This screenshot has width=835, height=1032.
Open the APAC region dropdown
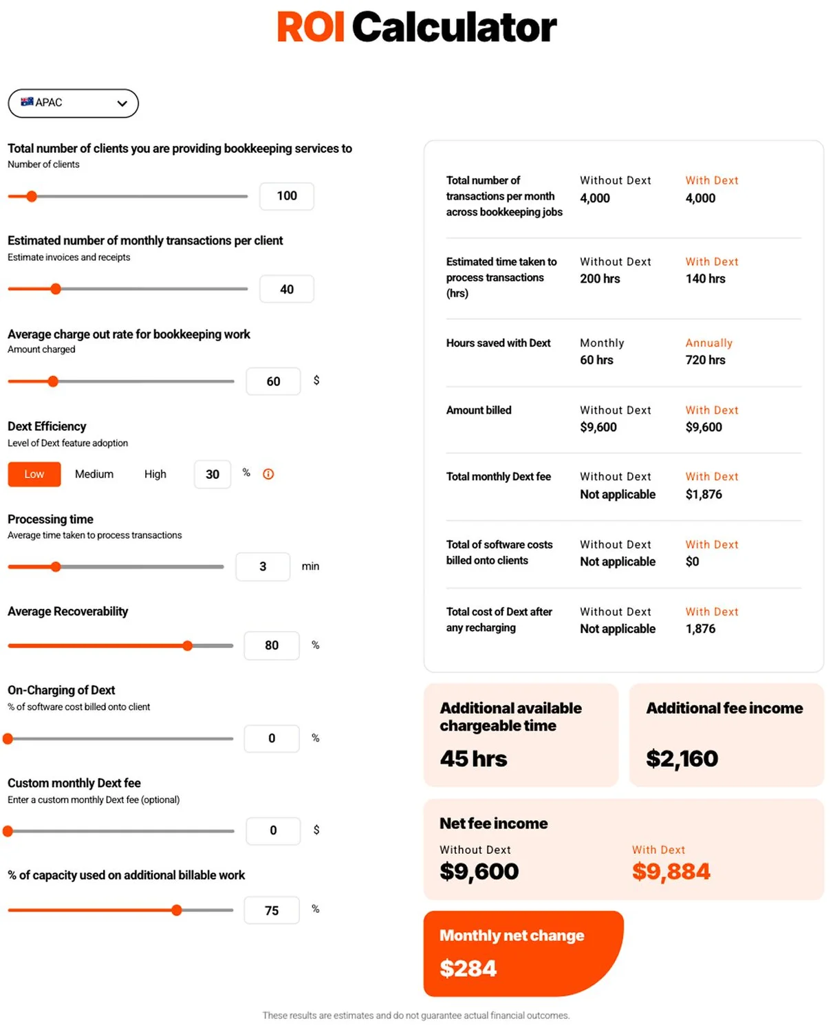tap(73, 103)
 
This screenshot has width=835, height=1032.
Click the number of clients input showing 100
tap(287, 196)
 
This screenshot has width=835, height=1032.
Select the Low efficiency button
tap(34, 474)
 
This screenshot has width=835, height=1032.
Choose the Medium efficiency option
tap(94, 474)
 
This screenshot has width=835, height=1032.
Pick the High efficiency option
tap(155, 474)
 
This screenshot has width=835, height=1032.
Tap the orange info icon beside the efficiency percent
tap(268, 474)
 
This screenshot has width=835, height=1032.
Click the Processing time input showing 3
tap(263, 566)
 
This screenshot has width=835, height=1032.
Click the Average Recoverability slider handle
tap(188, 645)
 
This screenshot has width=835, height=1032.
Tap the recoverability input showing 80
tap(272, 645)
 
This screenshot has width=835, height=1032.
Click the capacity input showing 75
tap(272, 910)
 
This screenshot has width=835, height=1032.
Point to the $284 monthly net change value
tap(468, 968)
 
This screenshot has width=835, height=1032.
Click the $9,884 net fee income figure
tap(671, 871)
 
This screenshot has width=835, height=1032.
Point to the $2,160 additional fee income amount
tap(682, 758)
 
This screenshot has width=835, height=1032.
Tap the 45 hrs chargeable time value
tap(473, 758)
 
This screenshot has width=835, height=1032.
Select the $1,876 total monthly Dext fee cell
tap(704, 494)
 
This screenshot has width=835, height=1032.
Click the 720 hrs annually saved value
tap(705, 360)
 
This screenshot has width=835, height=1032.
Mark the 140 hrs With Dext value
tap(705, 279)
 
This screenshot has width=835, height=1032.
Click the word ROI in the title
tap(310, 27)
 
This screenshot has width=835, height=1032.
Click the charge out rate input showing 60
tap(273, 381)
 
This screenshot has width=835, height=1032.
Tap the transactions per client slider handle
tap(56, 289)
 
